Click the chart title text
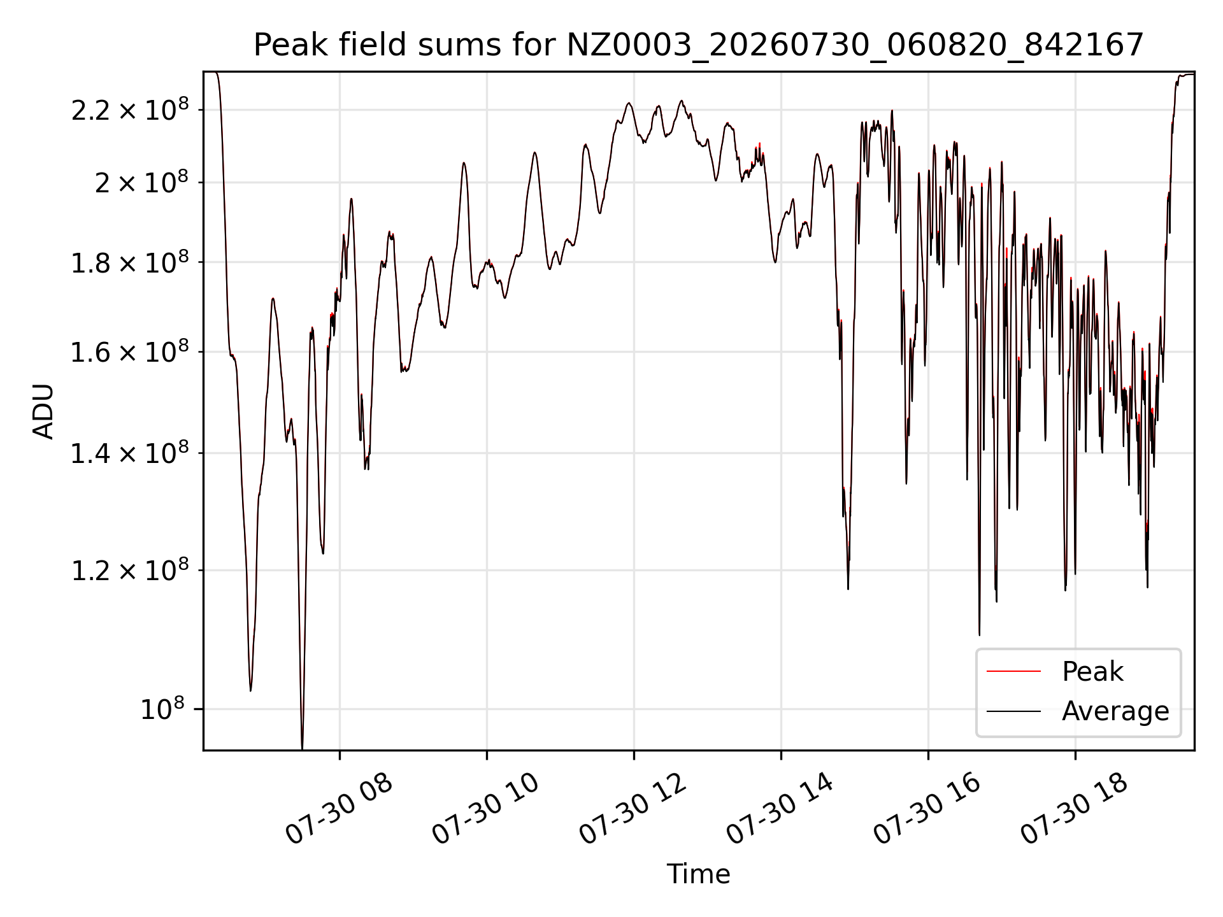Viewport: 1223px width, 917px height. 699,45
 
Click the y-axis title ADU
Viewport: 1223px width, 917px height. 43,411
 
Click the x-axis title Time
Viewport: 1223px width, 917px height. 698,874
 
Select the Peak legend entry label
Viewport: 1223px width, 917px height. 1092,672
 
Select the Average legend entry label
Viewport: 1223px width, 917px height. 1115,711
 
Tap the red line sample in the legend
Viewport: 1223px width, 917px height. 1013,671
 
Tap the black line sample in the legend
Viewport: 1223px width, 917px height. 1013,711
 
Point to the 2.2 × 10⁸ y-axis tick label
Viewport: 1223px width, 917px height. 130,110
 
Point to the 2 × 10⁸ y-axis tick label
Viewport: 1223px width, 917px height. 142,182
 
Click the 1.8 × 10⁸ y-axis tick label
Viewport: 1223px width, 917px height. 130,262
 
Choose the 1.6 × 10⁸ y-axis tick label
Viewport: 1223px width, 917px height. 130,352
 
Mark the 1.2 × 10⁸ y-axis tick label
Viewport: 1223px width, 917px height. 130,570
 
